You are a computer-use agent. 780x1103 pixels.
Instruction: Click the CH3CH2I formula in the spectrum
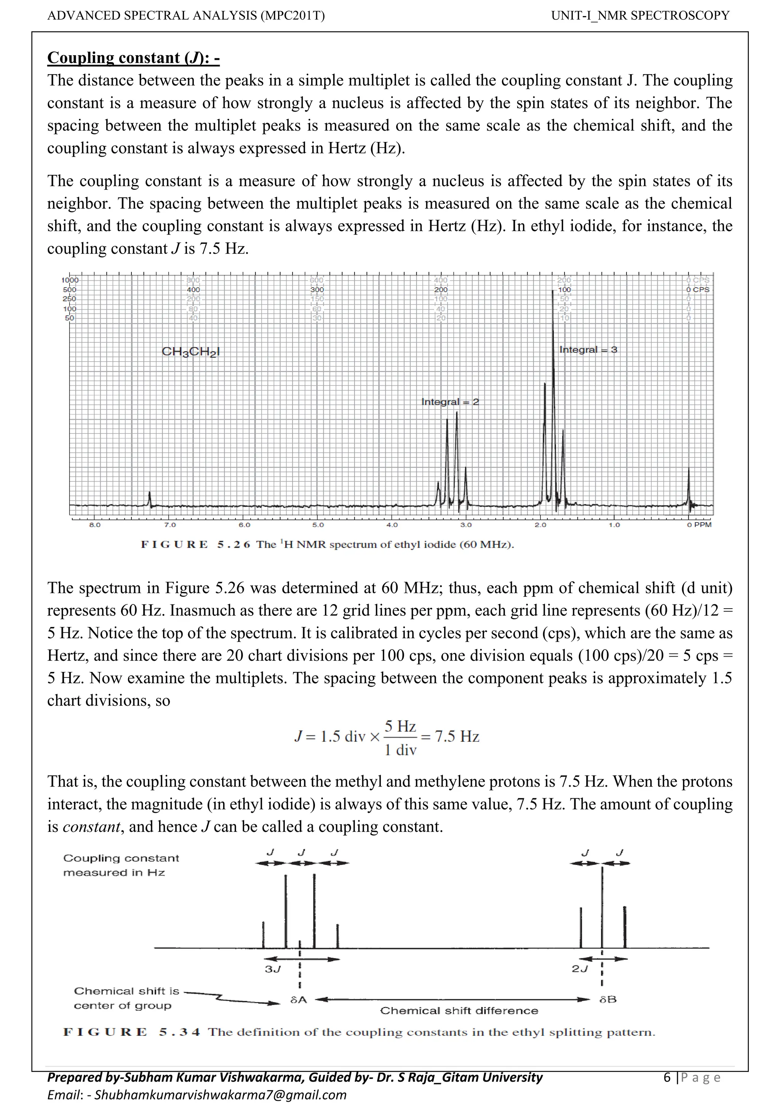[x=190, y=352]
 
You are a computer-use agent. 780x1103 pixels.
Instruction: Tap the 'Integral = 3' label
[x=588, y=350]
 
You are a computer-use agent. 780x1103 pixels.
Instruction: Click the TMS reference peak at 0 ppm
[x=688, y=485]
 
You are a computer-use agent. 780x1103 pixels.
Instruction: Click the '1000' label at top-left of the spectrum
[x=69, y=280]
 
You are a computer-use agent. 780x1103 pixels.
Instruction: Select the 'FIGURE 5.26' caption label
[x=195, y=544]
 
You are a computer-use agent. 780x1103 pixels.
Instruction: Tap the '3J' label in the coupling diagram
[x=272, y=969]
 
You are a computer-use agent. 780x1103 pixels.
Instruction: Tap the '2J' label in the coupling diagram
[x=580, y=969]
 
